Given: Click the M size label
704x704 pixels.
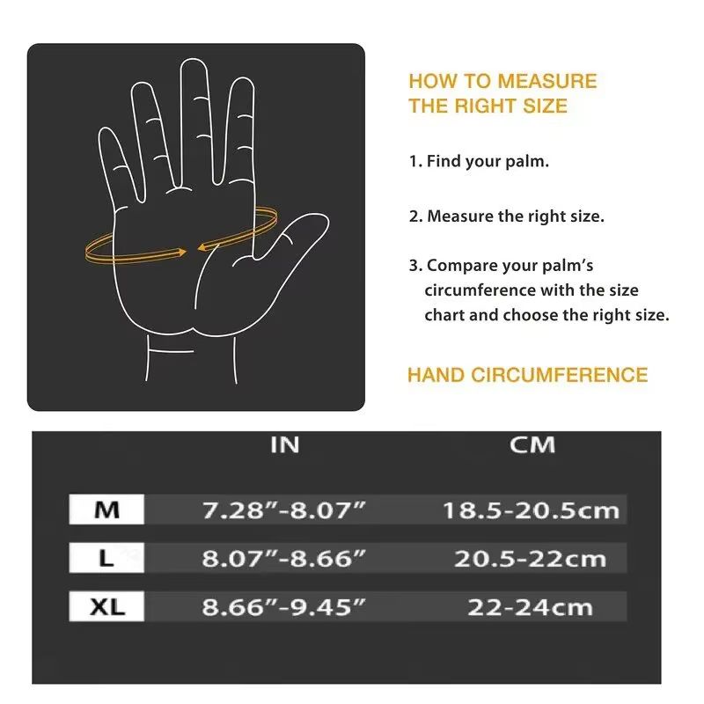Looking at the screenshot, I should point(106,510).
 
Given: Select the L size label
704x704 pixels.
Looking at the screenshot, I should point(106,558).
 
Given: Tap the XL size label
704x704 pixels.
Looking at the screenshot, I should point(106,606).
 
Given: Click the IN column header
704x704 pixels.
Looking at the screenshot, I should point(284,445).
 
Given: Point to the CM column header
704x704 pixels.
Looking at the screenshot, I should point(532,445).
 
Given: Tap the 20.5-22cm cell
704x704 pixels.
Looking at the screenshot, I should point(530,558).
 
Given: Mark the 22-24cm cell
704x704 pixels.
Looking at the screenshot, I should point(530,606).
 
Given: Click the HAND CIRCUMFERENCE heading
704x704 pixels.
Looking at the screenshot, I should point(527,375).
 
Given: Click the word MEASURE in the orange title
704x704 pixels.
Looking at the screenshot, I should point(546,82).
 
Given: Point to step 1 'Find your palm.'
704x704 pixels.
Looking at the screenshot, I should point(479,162).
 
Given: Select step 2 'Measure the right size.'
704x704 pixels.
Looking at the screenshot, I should point(506,216).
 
